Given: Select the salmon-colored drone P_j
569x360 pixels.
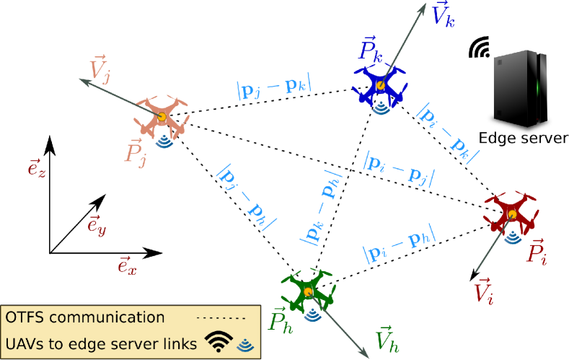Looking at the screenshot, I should pyautogui.click(x=162, y=116).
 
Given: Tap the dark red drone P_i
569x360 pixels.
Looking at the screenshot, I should pyautogui.click(x=511, y=213).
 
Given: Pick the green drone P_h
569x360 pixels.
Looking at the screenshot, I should pyautogui.click(x=309, y=290).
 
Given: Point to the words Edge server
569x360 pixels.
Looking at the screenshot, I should pyautogui.click(x=524, y=138).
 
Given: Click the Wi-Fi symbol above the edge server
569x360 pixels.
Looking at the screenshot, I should pyautogui.click(x=477, y=47).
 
